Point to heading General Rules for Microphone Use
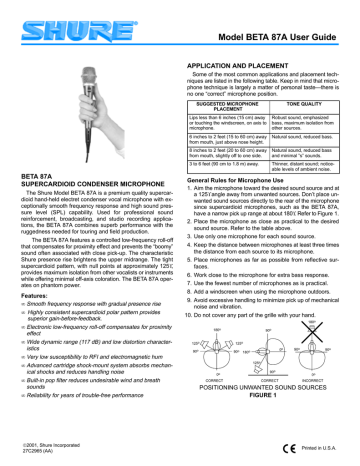point(241,177)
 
